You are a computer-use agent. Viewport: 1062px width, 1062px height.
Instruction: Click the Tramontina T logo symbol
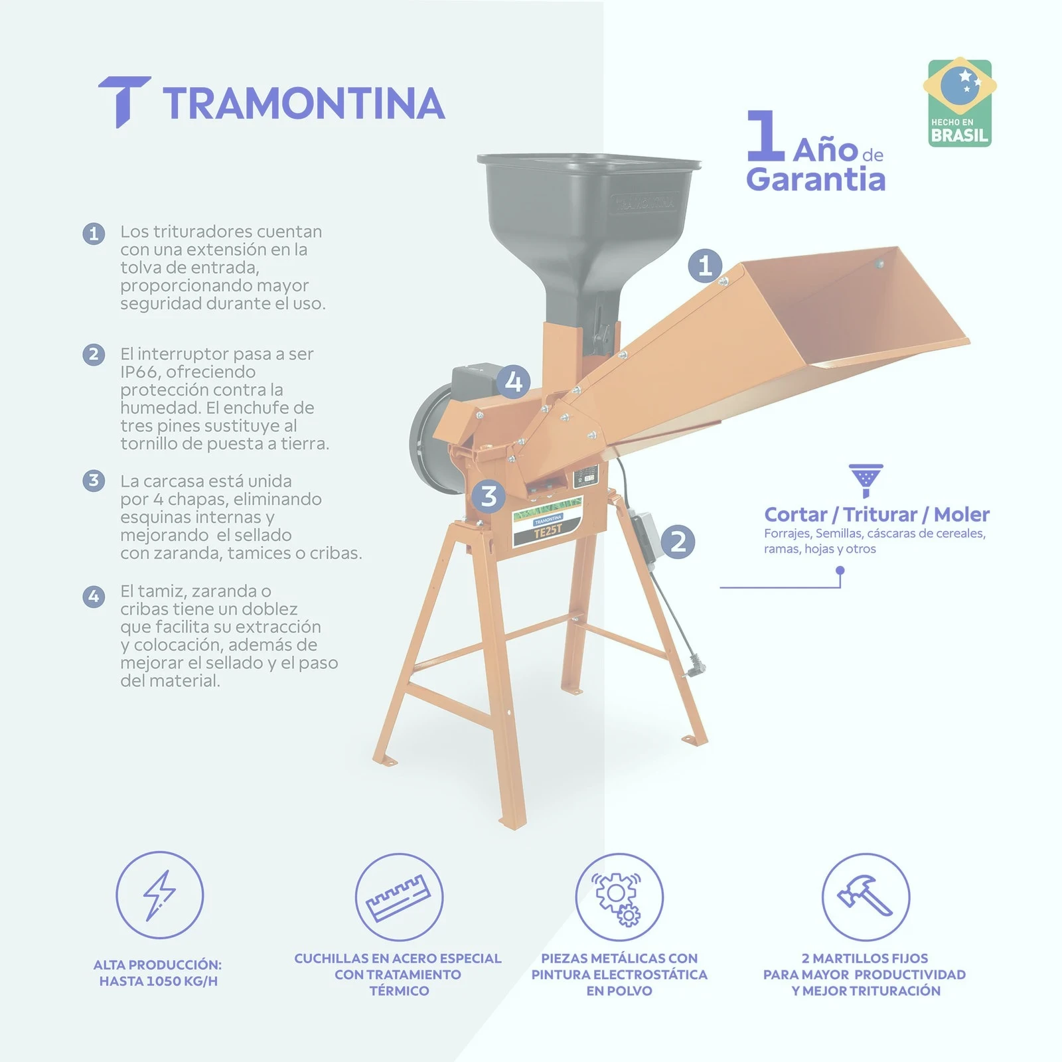(x=124, y=100)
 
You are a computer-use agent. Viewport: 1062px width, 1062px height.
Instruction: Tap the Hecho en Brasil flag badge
(x=959, y=103)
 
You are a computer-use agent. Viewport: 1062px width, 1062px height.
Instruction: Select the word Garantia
(x=816, y=179)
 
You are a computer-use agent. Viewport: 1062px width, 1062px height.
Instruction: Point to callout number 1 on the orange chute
(x=705, y=265)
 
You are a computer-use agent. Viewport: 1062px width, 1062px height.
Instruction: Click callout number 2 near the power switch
(x=678, y=542)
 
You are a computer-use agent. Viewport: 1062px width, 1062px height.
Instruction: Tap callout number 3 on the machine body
(x=489, y=496)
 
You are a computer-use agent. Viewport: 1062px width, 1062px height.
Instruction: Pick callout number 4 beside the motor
(x=514, y=382)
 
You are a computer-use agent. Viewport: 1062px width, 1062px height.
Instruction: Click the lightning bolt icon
(x=159, y=895)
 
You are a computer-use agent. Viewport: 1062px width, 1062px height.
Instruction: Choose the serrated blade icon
(x=398, y=898)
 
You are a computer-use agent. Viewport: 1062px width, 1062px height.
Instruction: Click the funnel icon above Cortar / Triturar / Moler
(x=866, y=481)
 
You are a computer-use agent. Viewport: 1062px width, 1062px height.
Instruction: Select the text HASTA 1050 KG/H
(x=159, y=981)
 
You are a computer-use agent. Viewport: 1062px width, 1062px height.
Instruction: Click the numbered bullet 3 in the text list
(x=94, y=481)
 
